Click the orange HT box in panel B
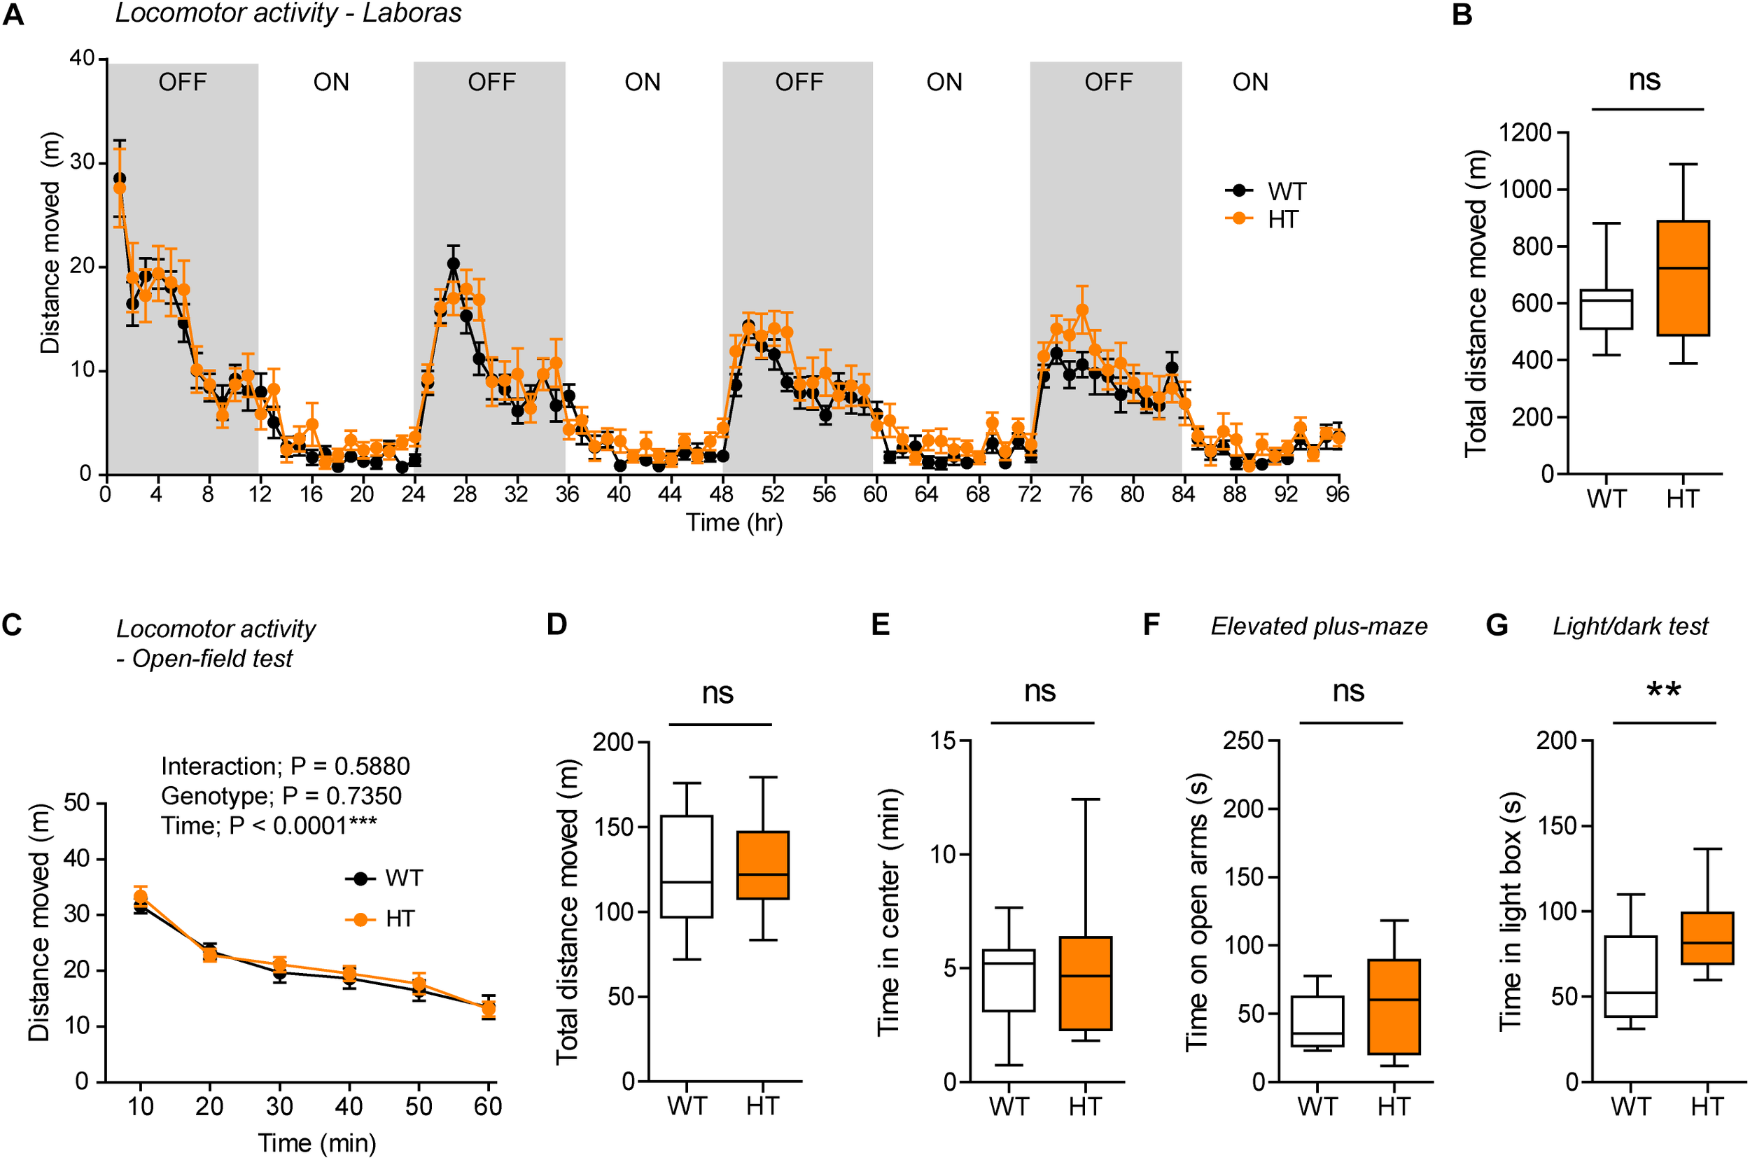(x=1683, y=278)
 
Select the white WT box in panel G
(x=1630, y=977)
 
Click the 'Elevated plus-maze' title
(x=1319, y=627)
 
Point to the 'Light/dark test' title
(x=1630, y=627)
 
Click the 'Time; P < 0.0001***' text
(x=269, y=825)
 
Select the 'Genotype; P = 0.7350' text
(x=281, y=796)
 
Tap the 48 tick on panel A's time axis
(x=721, y=494)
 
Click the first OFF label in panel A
(x=183, y=82)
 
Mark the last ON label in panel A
(x=1250, y=82)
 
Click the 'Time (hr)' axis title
(x=734, y=523)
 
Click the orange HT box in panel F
(x=1394, y=1007)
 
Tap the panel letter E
(x=880, y=625)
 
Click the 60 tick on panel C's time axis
(x=488, y=1107)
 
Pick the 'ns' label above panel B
(x=1644, y=80)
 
